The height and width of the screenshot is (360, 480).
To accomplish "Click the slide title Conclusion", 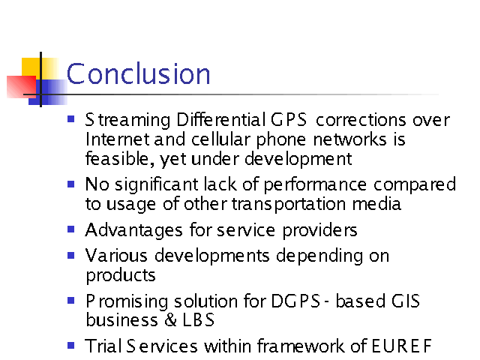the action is [138, 73].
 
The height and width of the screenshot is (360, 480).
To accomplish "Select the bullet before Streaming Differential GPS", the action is [71, 118].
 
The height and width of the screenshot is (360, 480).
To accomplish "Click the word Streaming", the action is [127, 120].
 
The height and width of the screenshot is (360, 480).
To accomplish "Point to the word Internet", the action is [118, 139].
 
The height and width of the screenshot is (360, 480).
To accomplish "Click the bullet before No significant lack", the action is [71, 184].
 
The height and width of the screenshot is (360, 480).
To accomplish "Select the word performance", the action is [315, 185].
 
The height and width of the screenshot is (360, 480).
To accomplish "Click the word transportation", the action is [289, 204].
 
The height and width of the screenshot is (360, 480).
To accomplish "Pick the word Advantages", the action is [134, 230].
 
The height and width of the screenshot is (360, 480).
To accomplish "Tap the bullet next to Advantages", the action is [71, 229].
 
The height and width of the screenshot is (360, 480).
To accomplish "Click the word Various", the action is [116, 255].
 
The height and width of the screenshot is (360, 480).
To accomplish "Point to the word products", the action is [121, 275].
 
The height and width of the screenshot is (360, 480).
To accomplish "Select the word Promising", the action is [127, 301].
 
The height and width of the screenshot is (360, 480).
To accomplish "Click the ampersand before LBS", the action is [170, 320].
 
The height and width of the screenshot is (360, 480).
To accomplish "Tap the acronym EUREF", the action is [402, 346].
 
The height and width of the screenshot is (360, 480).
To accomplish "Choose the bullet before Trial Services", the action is [71, 346].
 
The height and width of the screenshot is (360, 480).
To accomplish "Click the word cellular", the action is [221, 139].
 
